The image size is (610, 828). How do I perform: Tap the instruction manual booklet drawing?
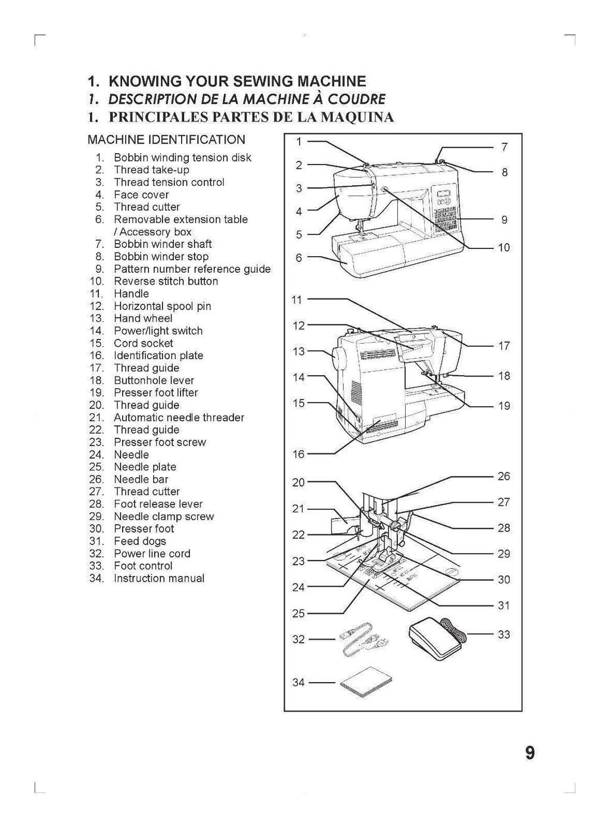pos(367,681)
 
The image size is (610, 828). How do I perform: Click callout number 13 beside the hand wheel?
pos(298,351)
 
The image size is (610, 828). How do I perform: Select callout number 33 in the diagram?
pos(504,634)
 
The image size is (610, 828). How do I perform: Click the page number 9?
pos(530,753)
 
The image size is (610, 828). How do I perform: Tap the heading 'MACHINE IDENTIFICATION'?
pos(166,140)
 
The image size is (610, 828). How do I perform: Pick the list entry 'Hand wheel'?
pos(143,318)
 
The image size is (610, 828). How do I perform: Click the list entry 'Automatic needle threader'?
pos(179,418)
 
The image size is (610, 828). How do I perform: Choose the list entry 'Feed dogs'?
pos(140,541)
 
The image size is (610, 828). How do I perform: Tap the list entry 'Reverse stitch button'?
pos(166,281)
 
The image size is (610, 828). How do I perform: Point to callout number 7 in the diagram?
pos(504,147)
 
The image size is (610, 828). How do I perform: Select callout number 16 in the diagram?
pos(298,455)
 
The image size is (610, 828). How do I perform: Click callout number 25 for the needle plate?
pos(298,614)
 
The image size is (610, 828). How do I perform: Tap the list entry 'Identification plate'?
pos(158,356)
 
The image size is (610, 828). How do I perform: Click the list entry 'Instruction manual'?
pos(159,578)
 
